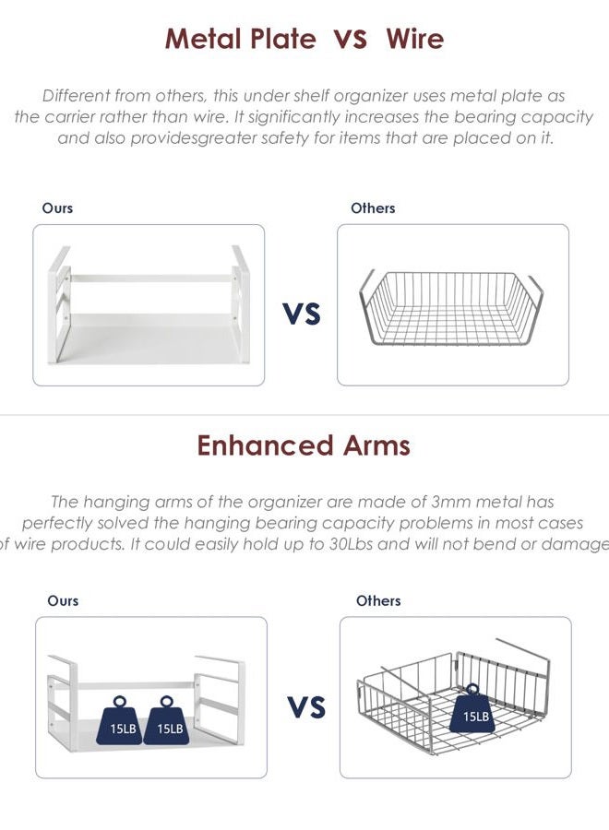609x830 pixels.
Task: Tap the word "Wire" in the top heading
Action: pyautogui.click(x=414, y=39)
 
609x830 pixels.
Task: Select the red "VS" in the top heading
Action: pyautogui.click(x=350, y=39)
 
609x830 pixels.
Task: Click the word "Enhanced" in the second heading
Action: pyautogui.click(x=264, y=445)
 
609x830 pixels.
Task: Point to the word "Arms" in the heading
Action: pyautogui.click(x=376, y=445)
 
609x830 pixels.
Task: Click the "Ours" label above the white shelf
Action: pyautogui.click(x=57, y=208)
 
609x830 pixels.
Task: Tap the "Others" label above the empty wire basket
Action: pyautogui.click(x=373, y=208)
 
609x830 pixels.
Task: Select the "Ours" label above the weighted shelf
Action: pyautogui.click(x=63, y=600)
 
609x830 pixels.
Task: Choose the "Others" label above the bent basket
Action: pyautogui.click(x=378, y=600)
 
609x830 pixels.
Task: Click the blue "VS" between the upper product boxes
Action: pyautogui.click(x=302, y=314)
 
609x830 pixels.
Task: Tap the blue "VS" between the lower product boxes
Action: pyautogui.click(x=306, y=707)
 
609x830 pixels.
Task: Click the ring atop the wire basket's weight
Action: pyautogui.click(x=472, y=689)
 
